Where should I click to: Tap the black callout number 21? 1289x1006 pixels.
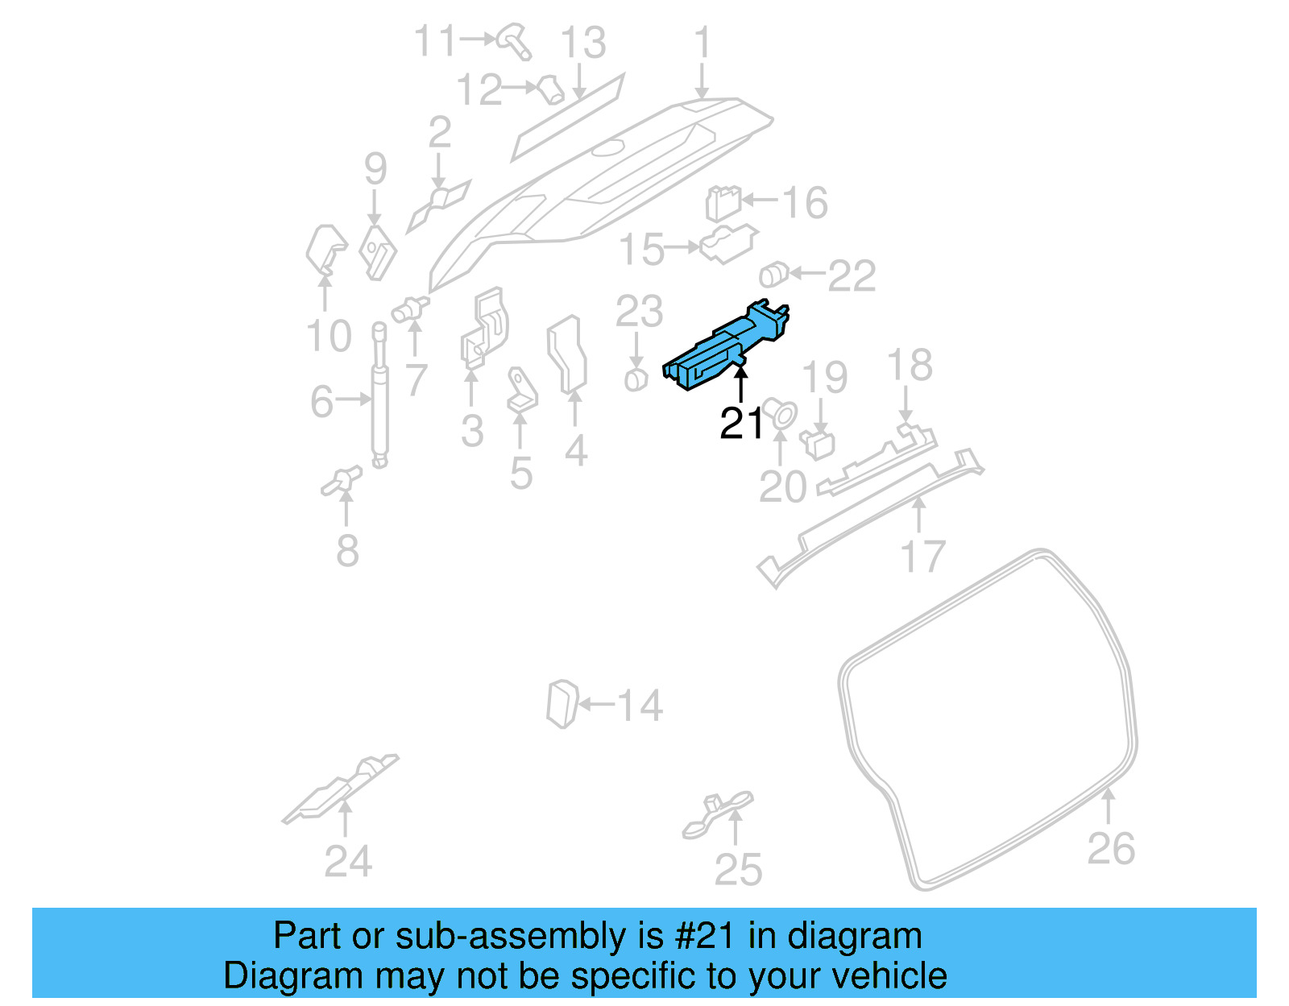click(x=741, y=424)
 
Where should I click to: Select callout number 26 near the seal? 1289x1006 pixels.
click(x=1111, y=849)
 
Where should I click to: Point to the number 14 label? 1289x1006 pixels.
click(x=640, y=706)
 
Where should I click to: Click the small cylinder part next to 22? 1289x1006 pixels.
click(x=773, y=275)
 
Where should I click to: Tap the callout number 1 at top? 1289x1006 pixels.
click(x=703, y=42)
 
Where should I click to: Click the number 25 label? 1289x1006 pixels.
click(x=738, y=870)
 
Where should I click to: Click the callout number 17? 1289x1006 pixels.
click(x=922, y=557)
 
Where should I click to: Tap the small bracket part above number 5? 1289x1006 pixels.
click(x=521, y=390)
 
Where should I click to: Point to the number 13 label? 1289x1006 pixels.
click(x=583, y=43)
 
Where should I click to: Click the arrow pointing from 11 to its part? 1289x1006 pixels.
click(x=478, y=38)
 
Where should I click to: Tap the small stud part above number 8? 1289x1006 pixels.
click(x=342, y=480)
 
